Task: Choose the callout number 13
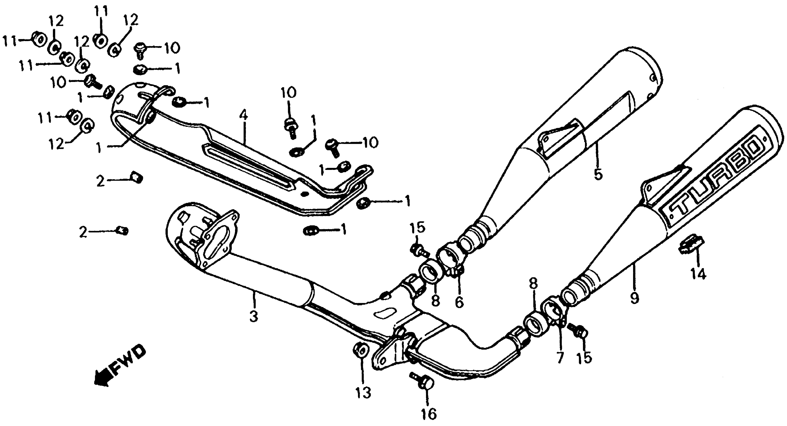[x=363, y=392]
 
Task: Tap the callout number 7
[x=559, y=358]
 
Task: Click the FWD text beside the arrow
[x=127, y=363]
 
